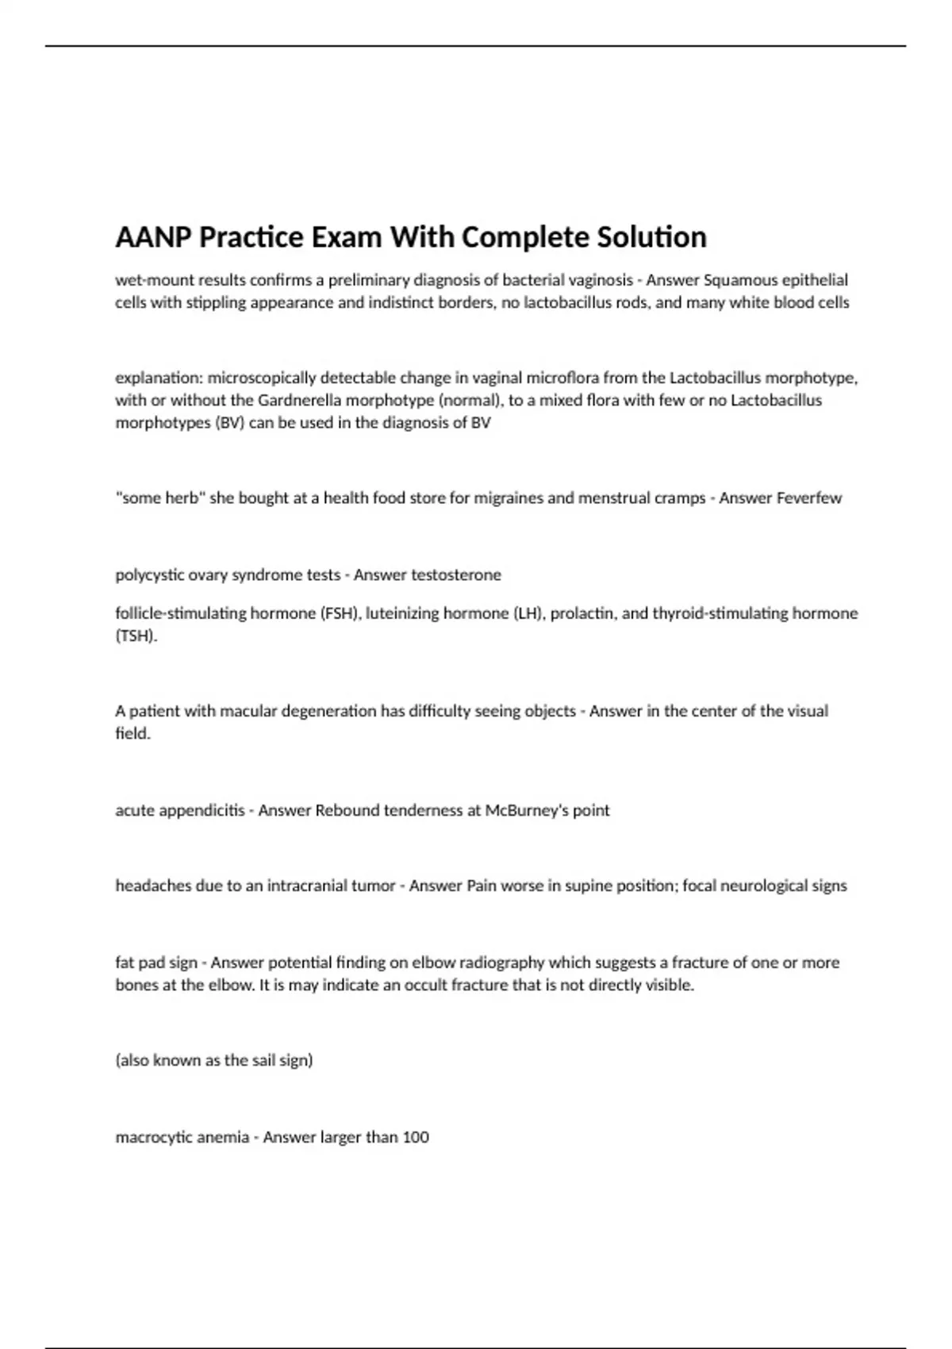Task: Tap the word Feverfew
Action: (808, 498)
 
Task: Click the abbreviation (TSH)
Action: (136, 636)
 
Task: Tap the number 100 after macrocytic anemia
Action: (416, 1137)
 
